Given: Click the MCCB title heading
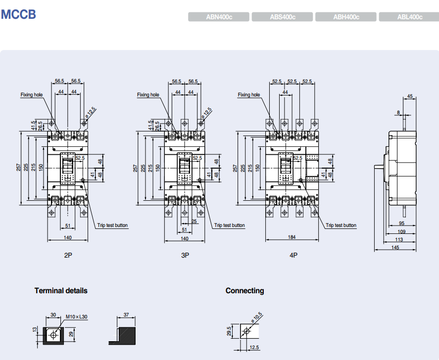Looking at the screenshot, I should pos(19,14).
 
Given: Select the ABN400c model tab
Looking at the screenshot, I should pos(219,17).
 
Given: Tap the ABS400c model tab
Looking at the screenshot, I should pos(283,17).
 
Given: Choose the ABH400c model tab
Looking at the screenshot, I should pos(346,17).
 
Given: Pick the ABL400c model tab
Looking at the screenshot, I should pos(409,17).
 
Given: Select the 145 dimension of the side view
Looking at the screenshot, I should pos(395,247).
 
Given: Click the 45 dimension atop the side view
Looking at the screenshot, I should pos(410,96).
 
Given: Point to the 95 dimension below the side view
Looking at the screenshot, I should pos(401,224).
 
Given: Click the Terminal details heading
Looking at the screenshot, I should pos(61,291).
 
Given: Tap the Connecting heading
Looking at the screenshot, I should pos(244,291).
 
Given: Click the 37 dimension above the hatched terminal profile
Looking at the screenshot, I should pos(126,315).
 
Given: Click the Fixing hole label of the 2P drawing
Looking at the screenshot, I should pos(32,94).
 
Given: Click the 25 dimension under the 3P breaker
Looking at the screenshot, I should pos(195,221).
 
